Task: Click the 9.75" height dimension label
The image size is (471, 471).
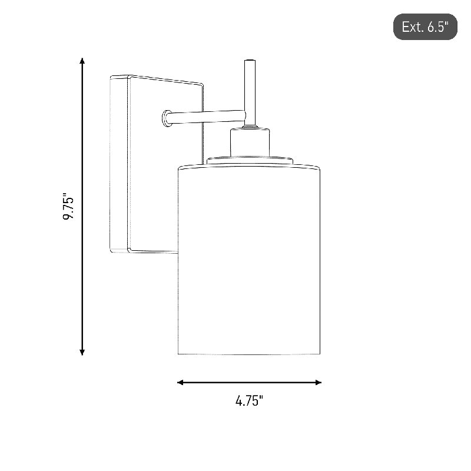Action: [68, 208]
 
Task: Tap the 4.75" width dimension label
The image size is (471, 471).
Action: [249, 401]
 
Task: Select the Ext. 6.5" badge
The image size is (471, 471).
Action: [425, 26]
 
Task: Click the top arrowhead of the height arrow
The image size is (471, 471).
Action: [82, 61]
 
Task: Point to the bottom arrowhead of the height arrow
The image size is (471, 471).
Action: [82, 352]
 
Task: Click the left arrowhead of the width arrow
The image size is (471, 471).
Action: [180, 382]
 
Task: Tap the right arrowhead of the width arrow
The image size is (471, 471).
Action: [319, 382]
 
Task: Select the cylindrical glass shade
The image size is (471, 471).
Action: [249, 260]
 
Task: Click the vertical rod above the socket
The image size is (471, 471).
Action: [250, 94]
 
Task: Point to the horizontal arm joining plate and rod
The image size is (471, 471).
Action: [207, 117]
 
